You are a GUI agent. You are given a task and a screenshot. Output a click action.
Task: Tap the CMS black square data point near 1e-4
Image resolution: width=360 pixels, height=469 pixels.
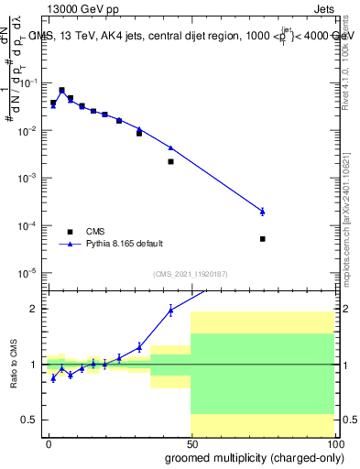click(x=262, y=239)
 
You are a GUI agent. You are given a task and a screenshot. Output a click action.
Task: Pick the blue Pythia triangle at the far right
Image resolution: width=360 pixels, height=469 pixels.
click(x=262, y=212)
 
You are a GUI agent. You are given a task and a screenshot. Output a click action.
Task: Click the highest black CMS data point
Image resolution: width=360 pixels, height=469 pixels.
click(x=61, y=91)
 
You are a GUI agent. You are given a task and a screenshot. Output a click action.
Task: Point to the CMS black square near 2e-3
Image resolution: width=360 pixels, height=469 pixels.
click(x=170, y=161)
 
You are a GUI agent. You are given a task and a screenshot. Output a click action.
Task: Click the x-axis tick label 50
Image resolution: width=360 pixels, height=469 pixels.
click(x=191, y=444)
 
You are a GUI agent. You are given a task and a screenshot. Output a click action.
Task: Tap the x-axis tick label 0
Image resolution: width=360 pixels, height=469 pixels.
click(x=49, y=444)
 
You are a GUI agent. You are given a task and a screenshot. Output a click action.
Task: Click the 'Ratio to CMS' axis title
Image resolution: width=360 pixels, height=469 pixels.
click(x=12, y=365)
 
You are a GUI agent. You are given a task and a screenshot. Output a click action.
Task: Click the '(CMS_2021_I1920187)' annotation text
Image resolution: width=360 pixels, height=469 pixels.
click(x=191, y=274)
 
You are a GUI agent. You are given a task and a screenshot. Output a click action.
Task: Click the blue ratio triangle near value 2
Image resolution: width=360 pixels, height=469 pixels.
click(x=170, y=311)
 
